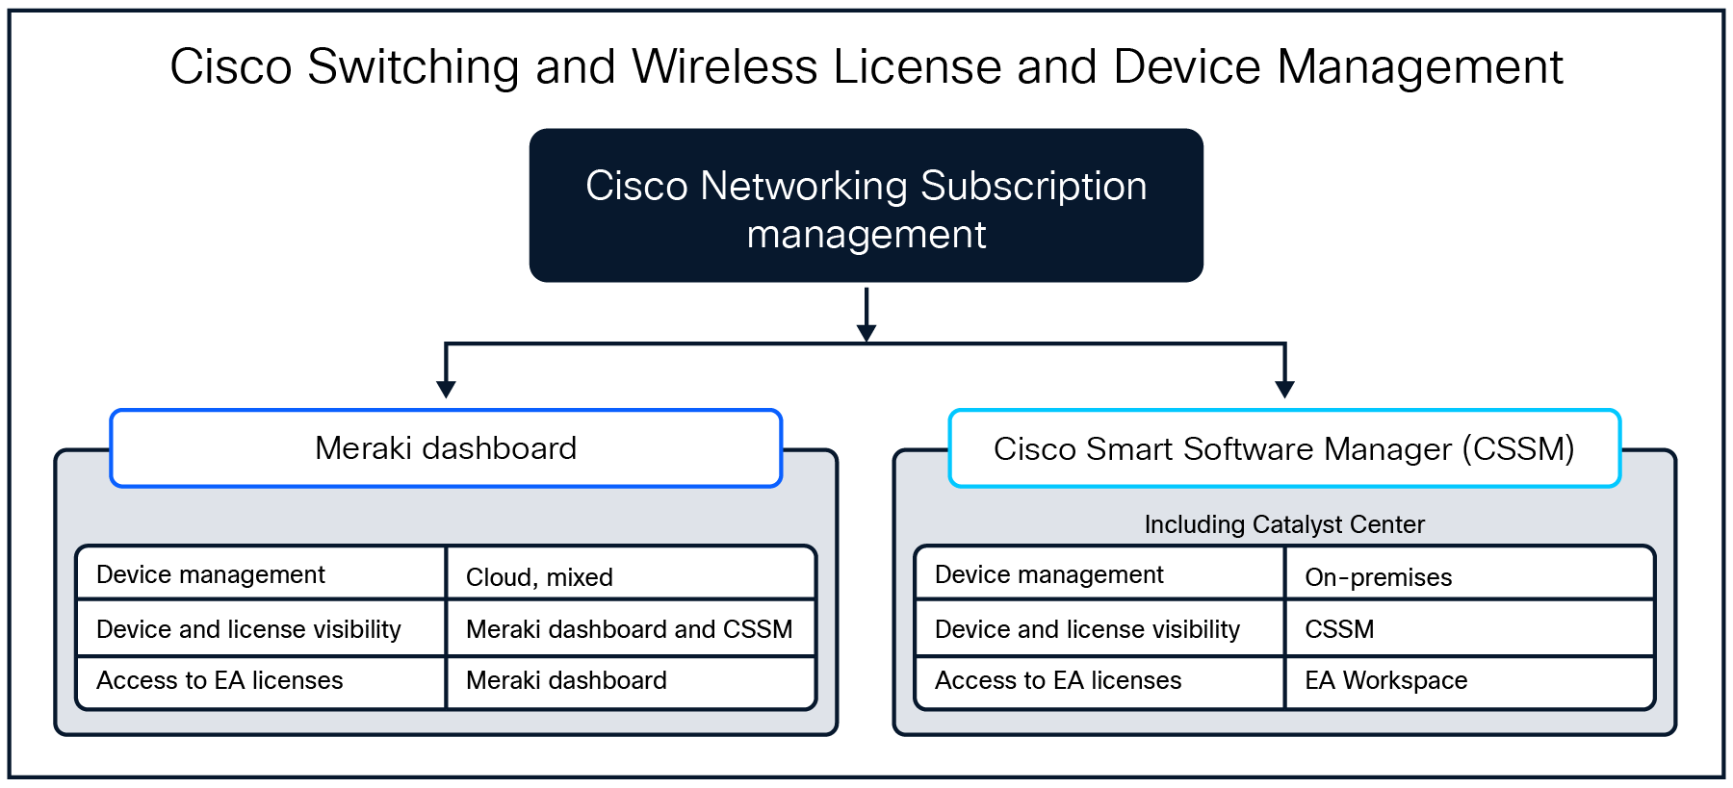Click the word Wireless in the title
[724, 67]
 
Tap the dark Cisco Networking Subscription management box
[866, 206]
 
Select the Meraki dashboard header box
[446, 448]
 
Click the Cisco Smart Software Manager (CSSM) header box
[1283, 448]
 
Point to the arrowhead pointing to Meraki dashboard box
[446, 389]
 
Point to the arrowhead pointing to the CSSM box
[1284, 389]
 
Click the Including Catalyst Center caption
[1283, 524]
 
